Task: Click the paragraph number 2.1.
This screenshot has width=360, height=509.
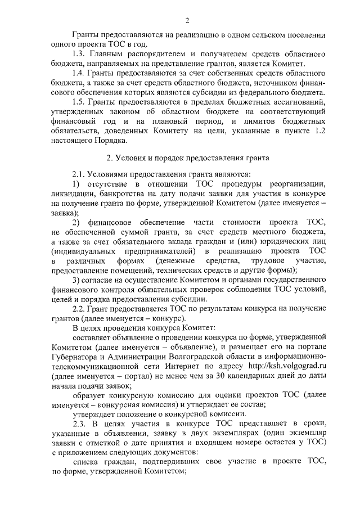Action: (x=80, y=174)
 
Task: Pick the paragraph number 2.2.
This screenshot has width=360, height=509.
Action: (x=80, y=308)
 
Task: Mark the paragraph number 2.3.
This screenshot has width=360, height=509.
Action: (x=80, y=422)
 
